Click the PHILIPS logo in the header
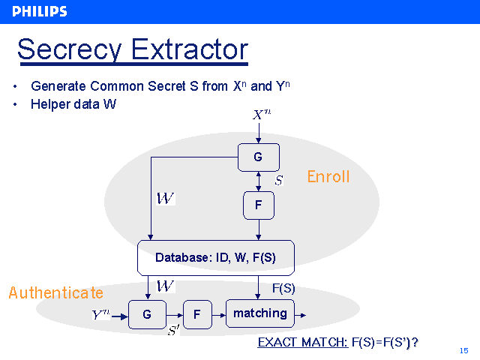[40, 11]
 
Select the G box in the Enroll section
[258, 157]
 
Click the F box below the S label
[258, 205]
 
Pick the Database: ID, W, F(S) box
[215, 257]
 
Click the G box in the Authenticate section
[147, 315]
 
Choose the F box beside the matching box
[196, 315]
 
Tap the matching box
[259, 313]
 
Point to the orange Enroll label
[328, 177]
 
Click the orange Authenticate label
[55, 292]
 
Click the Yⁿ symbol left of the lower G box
[100, 315]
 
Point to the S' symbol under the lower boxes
[173, 331]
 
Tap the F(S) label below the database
[283, 287]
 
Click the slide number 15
[463, 350]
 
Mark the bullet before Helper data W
[16, 104]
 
